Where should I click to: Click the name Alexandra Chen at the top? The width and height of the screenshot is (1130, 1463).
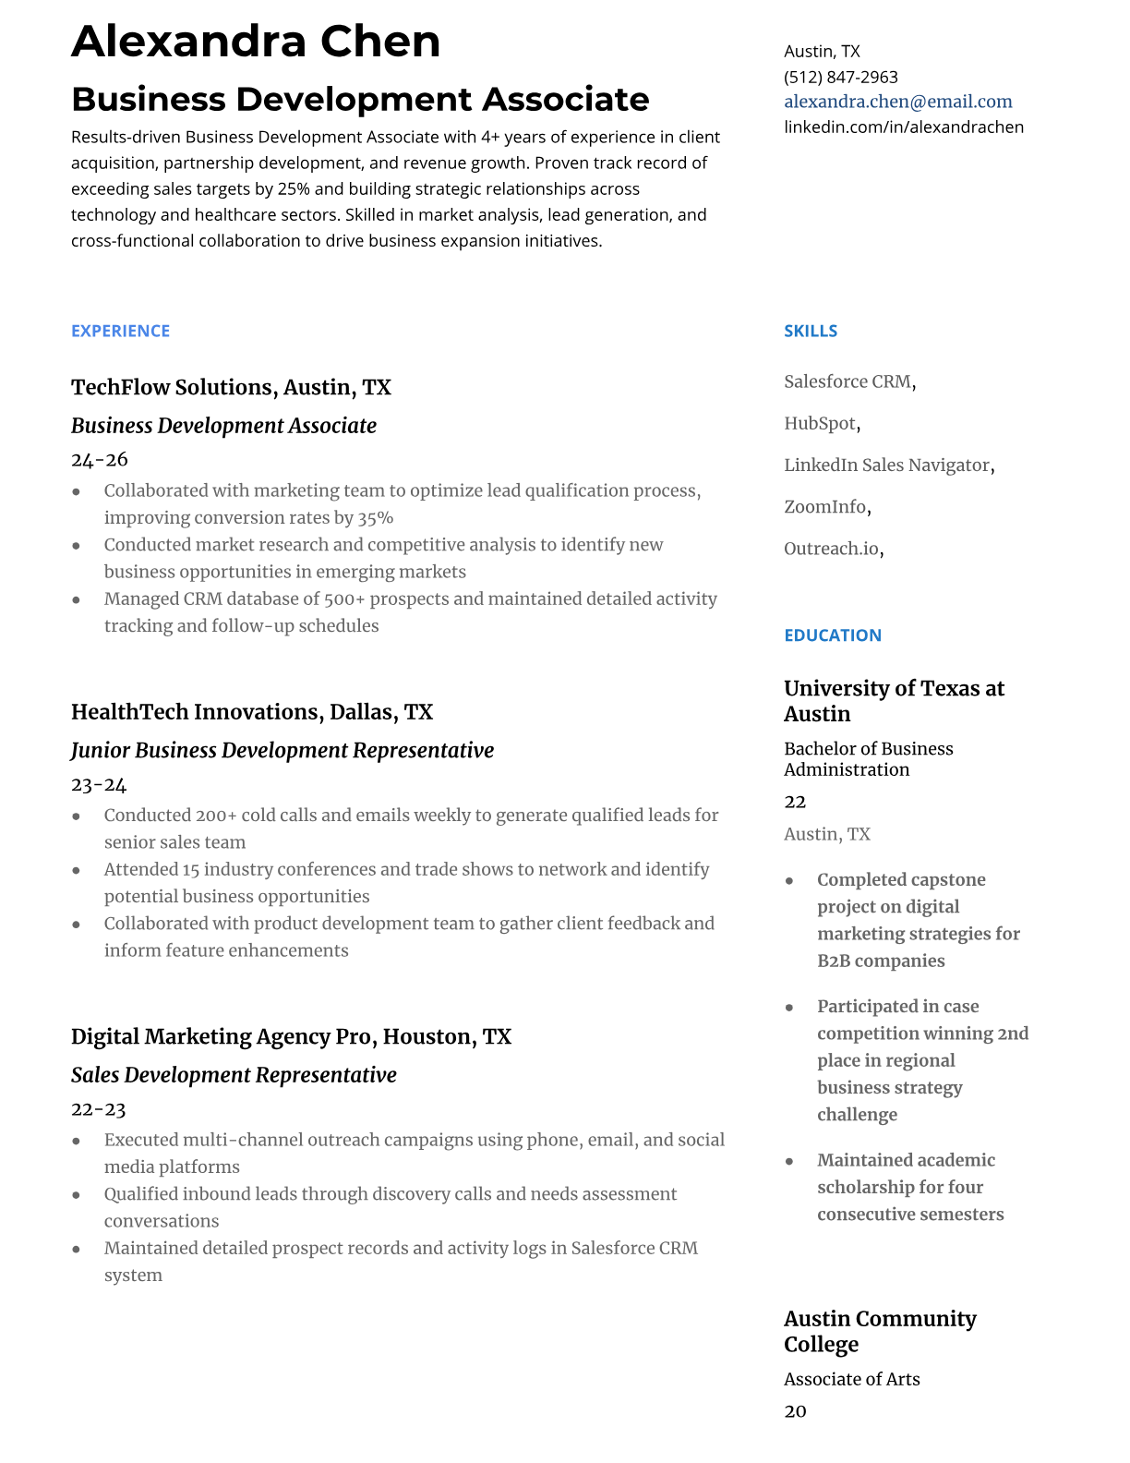(x=256, y=42)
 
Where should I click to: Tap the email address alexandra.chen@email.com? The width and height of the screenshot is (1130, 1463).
(x=897, y=102)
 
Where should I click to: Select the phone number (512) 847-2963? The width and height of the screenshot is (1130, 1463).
(x=840, y=77)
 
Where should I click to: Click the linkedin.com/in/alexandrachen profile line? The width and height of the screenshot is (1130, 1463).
(x=903, y=127)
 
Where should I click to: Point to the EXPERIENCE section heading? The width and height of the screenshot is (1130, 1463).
(x=120, y=331)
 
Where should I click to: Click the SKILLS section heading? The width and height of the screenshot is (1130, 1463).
(x=810, y=331)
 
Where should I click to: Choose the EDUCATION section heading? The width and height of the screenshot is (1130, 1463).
(x=832, y=635)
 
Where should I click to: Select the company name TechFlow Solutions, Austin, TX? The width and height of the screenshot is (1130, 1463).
(x=231, y=387)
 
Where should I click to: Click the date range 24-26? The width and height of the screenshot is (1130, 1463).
(x=99, y=460)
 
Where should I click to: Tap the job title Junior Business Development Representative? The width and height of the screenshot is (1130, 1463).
(x=282, y=750)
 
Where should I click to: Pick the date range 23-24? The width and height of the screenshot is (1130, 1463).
(x=98, y=785)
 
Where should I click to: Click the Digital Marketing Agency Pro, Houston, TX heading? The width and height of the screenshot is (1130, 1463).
(x=291, y=1036)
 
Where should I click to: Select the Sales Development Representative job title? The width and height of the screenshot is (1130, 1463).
(x=234, y=1075)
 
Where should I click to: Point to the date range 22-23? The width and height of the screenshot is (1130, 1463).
(x=98, y=1109)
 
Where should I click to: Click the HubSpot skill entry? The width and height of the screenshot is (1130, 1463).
(x=820, y=424)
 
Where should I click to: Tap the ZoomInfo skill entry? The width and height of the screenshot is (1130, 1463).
(x=825, y=507)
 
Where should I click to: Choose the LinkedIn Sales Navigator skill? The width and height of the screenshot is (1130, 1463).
(x=886, y=465)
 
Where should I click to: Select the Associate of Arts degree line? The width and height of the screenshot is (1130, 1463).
(x=851, y=1379)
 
